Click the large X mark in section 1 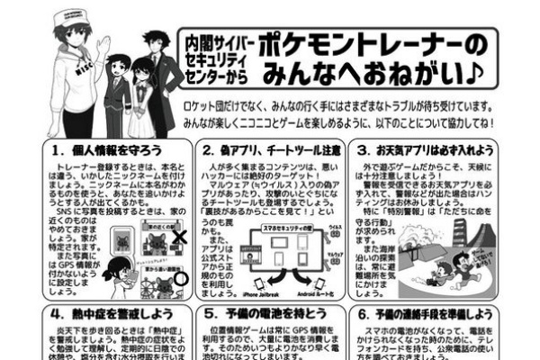pos(178,238)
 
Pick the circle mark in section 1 pos(179,277)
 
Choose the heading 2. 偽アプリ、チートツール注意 pos(271,150)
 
